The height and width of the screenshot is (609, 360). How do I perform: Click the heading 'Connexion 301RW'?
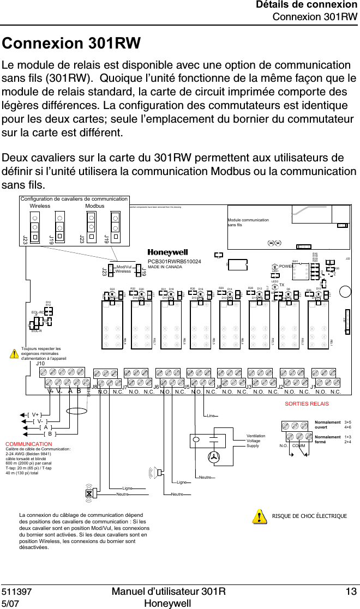71,44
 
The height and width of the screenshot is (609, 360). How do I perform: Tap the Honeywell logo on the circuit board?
167,253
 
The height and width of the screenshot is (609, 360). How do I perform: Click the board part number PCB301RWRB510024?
175,262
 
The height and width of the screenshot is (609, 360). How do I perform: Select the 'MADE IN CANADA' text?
165,267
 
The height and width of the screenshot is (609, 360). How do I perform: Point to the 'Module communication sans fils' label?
248,222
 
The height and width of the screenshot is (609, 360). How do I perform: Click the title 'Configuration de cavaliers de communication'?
74,199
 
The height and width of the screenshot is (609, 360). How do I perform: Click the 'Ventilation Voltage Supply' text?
256,441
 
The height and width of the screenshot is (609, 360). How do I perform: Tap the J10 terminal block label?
40,364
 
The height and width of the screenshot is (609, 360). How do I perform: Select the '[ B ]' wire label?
50,434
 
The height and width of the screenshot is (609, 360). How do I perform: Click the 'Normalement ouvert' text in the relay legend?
327,425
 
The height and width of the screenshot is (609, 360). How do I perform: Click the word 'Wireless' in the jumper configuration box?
40,207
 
